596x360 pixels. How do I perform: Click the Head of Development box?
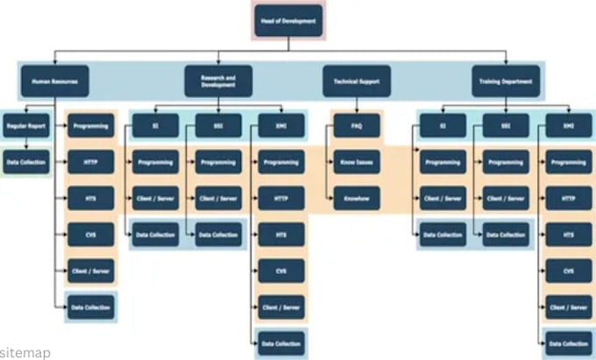[x=289, y=21]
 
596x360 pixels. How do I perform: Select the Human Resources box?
[x=53, y=81]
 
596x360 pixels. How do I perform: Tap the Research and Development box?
[x=218, y=81]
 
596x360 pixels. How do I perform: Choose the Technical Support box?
[x=356, y=81]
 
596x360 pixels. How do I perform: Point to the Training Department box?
[x=506, y=81]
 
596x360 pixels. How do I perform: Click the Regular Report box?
[x=25, y=126]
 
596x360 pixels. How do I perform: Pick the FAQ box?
[x=357, y=126]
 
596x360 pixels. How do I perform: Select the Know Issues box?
[x=357, y=162]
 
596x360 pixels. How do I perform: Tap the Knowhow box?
[x=357, y=199]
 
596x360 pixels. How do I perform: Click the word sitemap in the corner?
[x=25, y=352]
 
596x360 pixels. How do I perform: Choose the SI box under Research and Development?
[x=156, y=126]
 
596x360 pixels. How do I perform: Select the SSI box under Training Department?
[x=506, y=126]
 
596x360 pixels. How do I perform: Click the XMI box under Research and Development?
[x=281, y=126]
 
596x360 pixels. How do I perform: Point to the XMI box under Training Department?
[x=568, y=126]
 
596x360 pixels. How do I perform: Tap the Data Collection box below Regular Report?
[x=25, y=162]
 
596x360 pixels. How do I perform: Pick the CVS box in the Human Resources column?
[x=90, y=235]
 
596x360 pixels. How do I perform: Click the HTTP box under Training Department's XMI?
[x=568, y=199]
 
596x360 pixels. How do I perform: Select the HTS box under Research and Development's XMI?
[x=281, y=235]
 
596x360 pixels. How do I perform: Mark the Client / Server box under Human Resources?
[x=90, y=271]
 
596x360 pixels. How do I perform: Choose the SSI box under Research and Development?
[x=218, y=126]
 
